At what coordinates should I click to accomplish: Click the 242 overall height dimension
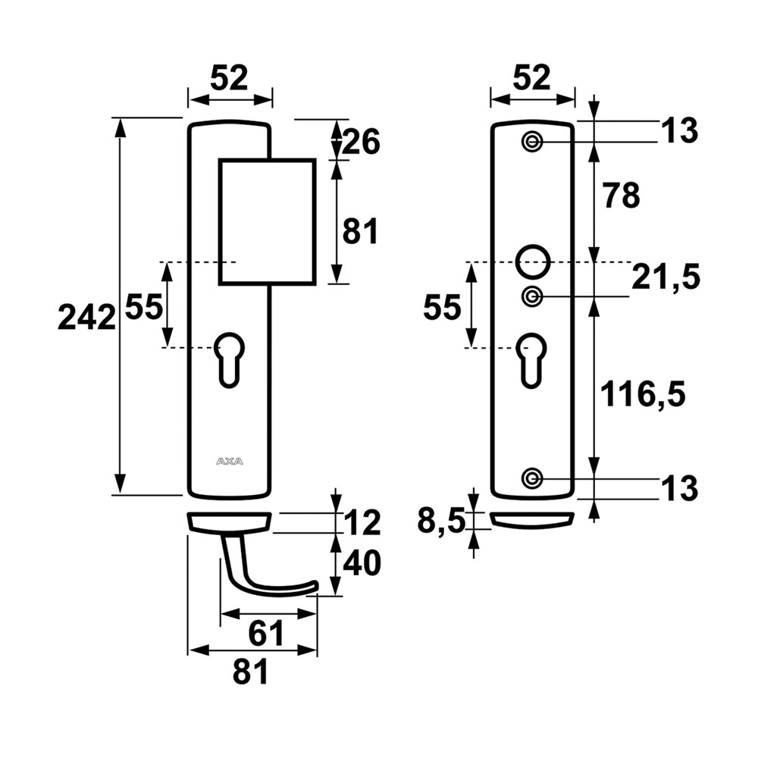click(x=86, y=317)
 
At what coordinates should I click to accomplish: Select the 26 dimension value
click(x=360, y=141)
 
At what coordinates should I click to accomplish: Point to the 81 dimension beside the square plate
click(x=360, y=231)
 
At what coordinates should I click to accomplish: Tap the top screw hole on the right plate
click(x=532, y=141)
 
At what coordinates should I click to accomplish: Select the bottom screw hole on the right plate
click(x=532, y=478)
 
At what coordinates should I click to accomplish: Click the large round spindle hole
click(x=532, y=260)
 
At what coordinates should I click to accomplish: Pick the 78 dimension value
click(x=620, y=196)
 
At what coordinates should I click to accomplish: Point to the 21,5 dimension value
click(x=665, y=278)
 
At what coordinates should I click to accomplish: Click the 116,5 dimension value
click(x=642, y=393)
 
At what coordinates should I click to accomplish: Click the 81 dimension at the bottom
click(x=250, y=672)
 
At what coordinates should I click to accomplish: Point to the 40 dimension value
click(x=361, y=563)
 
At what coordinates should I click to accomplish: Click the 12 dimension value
click(x=361, y=522)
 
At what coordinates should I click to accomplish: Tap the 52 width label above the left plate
click(x=229, y=78)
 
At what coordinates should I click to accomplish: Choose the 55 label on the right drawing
click(x=442, y=309)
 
